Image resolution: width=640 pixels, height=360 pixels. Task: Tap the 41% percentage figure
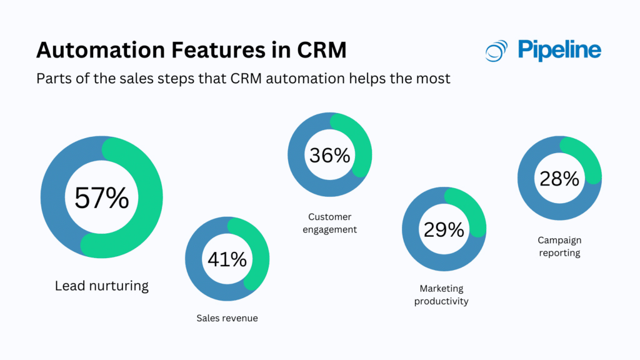[x=226, y=259]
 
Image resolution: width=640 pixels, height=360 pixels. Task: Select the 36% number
[x=329, y=154]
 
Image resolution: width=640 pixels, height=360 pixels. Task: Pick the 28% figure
[x=559, y=179]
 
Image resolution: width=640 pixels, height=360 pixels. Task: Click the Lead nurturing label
[x=102, y=286]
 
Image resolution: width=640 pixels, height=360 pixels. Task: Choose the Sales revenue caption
[x=227, y=318]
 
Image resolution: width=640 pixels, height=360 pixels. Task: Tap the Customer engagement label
[x=329, y=223]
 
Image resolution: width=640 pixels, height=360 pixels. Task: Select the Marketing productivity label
[x=444, y=295]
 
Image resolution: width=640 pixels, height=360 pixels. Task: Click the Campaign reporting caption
[x=559, y=246]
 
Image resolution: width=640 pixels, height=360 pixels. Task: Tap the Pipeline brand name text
[x=559, y=50]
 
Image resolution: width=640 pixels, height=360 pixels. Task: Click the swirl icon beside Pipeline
[x=496, y=51]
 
